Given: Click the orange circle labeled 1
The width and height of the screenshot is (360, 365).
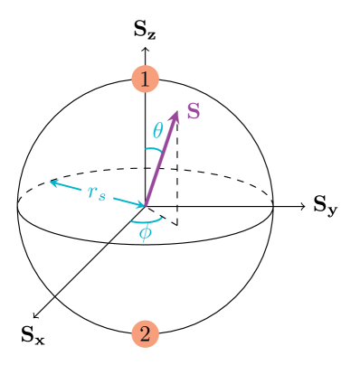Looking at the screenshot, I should point(145,79).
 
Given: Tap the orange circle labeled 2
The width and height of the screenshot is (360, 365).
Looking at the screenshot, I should point(145,333).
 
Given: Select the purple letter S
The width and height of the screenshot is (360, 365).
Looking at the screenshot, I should point(194,111).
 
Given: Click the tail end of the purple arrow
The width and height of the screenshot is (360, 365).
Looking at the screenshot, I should point(145,205).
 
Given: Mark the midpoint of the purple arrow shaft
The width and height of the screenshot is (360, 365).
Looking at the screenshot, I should point(160,160).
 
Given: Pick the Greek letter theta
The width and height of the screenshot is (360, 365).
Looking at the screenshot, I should point(157,131).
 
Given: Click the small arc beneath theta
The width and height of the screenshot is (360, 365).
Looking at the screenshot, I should point(154,149).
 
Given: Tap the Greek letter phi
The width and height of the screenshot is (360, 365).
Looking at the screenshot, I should point(145,233).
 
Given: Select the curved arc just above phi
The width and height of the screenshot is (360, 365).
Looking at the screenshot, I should point(146,220).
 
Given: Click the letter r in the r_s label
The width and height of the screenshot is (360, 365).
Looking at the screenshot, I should point(92,191).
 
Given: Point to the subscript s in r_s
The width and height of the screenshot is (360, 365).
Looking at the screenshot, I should point(102,195).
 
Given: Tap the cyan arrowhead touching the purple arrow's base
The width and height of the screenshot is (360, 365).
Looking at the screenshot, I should point(138,203).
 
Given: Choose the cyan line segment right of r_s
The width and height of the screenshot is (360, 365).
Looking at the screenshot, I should point(122,200).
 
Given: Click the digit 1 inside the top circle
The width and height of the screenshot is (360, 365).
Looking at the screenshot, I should point(145,79).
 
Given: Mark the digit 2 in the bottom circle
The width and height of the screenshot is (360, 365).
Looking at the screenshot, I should point(145,333).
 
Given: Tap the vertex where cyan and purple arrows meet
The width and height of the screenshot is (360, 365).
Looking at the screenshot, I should point(145,205).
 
